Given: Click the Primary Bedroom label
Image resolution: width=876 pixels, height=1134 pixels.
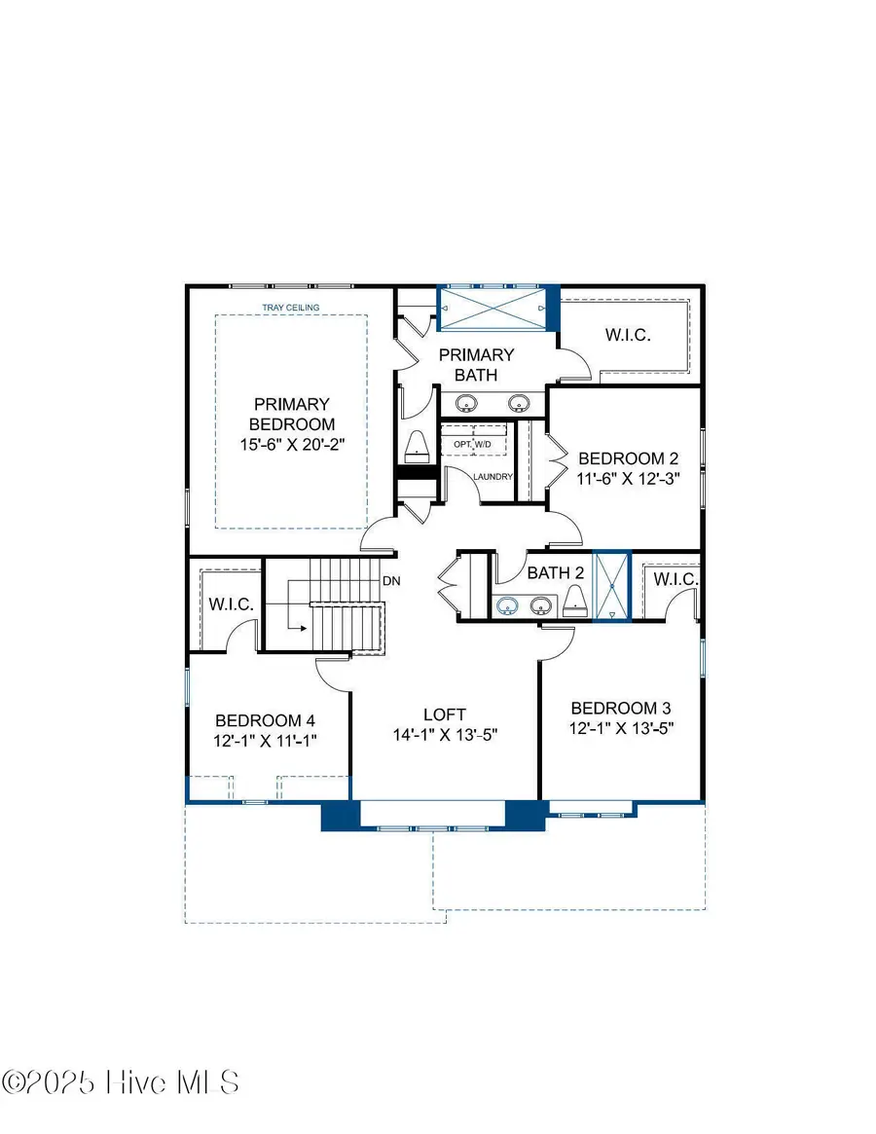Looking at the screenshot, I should (291, 414).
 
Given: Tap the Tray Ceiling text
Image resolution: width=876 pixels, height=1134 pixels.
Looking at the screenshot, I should (291, 308).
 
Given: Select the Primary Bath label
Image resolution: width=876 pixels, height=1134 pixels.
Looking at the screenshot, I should (476, 364).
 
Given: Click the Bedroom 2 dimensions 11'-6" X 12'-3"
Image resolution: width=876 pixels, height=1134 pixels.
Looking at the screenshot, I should (627, 478).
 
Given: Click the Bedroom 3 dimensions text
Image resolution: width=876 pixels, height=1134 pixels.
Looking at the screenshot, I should (622, 727).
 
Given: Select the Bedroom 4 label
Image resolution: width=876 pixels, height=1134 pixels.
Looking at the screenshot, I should (265, 720).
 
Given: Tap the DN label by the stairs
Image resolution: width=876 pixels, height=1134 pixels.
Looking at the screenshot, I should (391, 581).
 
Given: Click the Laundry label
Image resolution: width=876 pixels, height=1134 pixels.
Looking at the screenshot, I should (493, 477).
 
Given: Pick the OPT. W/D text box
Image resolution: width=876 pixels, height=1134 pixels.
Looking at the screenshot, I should (474, 444).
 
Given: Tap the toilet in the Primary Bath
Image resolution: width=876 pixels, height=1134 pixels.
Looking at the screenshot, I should (416, 445).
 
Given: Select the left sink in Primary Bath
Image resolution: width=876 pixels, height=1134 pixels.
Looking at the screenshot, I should (467, 402).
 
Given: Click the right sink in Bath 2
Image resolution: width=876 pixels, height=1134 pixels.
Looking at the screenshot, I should (539, 606).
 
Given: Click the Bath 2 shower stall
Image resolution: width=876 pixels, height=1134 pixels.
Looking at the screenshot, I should (612, 586).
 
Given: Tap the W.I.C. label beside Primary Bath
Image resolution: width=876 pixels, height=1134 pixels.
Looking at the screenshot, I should (628, 335).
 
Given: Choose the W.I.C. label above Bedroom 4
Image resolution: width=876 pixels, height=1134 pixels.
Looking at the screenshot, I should (231, 604).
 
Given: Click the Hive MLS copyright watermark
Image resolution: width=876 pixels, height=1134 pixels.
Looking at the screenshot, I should (121, 1082).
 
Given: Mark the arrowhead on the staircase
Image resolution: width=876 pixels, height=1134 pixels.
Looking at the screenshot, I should (305, 627).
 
